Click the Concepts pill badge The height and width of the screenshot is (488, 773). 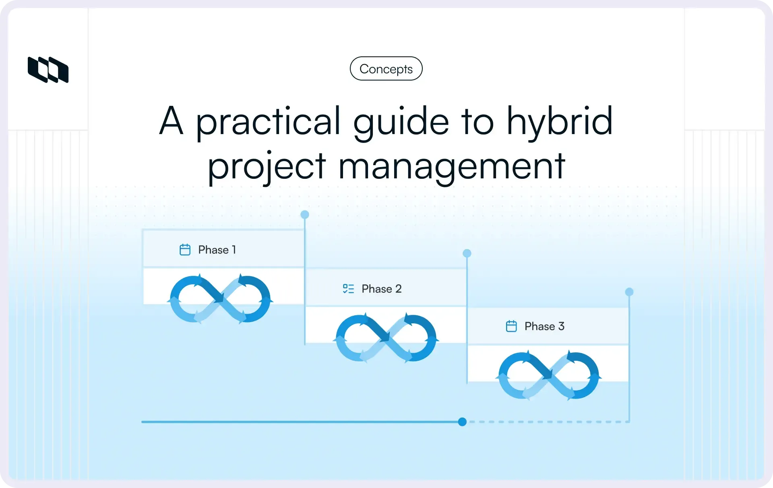click(x=386, y=69)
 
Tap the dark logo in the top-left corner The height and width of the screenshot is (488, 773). click(x=48, y=70)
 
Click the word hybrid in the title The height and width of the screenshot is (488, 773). click(x=559, y=121)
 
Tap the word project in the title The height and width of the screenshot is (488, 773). click(x=267, y=166)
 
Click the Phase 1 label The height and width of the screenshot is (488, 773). click(x=217, y=250)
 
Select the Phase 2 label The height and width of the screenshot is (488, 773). click(x=381, y=289)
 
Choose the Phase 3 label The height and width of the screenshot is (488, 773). click(x=544, y=327)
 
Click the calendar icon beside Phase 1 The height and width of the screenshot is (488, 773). click(x=185, y=250)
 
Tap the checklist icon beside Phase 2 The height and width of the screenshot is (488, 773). click(x=348, y=289)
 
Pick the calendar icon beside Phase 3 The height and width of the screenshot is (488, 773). click(x=511, y=326)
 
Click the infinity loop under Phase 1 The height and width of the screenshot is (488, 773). click(x=220, y=299)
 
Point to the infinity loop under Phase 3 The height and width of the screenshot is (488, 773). click(x=548, y=376)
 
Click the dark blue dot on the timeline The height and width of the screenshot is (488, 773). click(x=462, y=422)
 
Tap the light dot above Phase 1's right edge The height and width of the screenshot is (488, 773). click(x=305, y=215)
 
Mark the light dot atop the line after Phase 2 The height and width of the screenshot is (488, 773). click(x=467, y=253)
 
